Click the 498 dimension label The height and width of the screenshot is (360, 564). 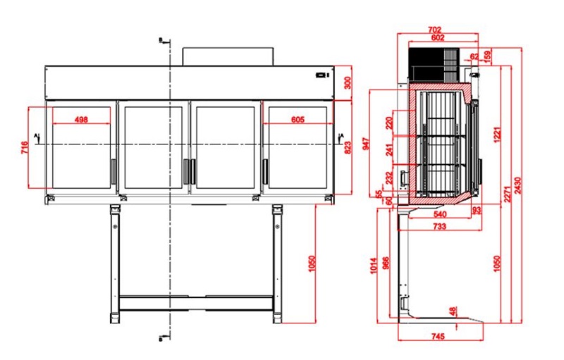(x=81, y=119)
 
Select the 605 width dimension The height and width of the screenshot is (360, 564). (x=298, y=119)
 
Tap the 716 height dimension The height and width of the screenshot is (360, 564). (x=25, y=148)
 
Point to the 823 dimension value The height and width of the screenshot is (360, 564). (x=348, y=148)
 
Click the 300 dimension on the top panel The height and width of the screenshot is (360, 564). (x=348, y=83)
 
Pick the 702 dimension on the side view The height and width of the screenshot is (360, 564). (x=434, y=30)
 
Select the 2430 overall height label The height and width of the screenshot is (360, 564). (x=518, y=185)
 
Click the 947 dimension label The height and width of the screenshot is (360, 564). (x=367, y=144)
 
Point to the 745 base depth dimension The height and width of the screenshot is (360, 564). (x=438, y=337)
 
